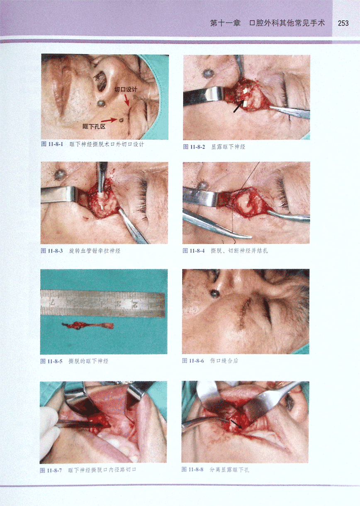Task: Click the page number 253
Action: point(343,23)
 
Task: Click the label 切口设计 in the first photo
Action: point(126,89)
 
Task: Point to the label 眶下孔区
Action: point(94,127)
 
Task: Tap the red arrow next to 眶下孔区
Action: point(109,120)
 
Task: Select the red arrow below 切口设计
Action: point(127,100)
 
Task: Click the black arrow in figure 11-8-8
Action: point(236,424)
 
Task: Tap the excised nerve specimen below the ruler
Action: point(88,325)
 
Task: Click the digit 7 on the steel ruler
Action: point(52,302)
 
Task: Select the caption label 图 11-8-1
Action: point(52,144)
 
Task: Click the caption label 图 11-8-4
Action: point(194,251)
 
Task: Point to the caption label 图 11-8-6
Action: point(193,361)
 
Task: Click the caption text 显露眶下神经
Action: point(228,147)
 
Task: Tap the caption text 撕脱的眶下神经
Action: point(88,361)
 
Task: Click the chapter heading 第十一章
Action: point(225,23)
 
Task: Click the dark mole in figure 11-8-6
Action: point(214,293)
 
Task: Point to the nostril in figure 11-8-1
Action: point(102,81)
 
